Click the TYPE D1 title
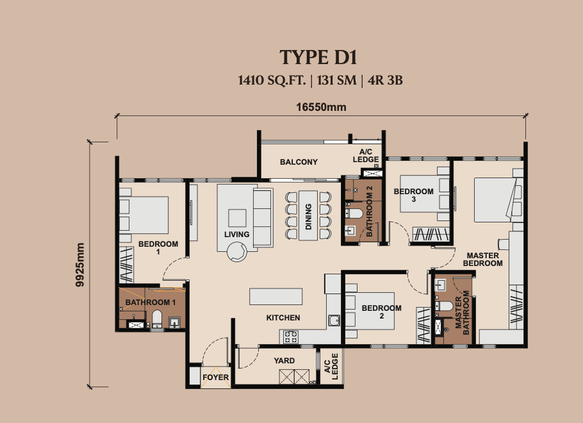pyautogui.click(x=318, y=57)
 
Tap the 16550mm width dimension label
pyautogui.click(x=321, y=107)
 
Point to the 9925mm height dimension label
pyautogui.click(x=80, y=265)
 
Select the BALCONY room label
pyautogui.click(x=299, y=162)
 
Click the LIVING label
pyautogui.click(x=236, y=235)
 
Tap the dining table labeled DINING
pyautogui.click(x=308, y=215)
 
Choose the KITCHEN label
pyautogui.click(x=283, y=318)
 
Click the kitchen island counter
pyautogui.click(x=276, y=297)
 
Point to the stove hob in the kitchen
pyautogui.click(x=290, y=336)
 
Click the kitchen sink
pyautogui.click(x=334, y=320)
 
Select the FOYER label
pyautogui.click(x=216, y=377)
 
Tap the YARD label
pyautogui.click(x=284, y=360)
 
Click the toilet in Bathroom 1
pyautogui.click(x=157, y=319)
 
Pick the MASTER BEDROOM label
pyautogui.click(x=482, y=260)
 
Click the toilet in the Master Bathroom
pyautogui.click(x=443, y=306)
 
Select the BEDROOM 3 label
pyautogui.click(x=413, y=195)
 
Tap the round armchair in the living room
pyautogui.click(x=237, y=251)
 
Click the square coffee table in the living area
pyautogui.click(x=237, y=218)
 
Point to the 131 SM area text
pyautogui.click(x=336, y=80)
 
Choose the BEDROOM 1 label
pyautogui.click(x=158, y=248)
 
